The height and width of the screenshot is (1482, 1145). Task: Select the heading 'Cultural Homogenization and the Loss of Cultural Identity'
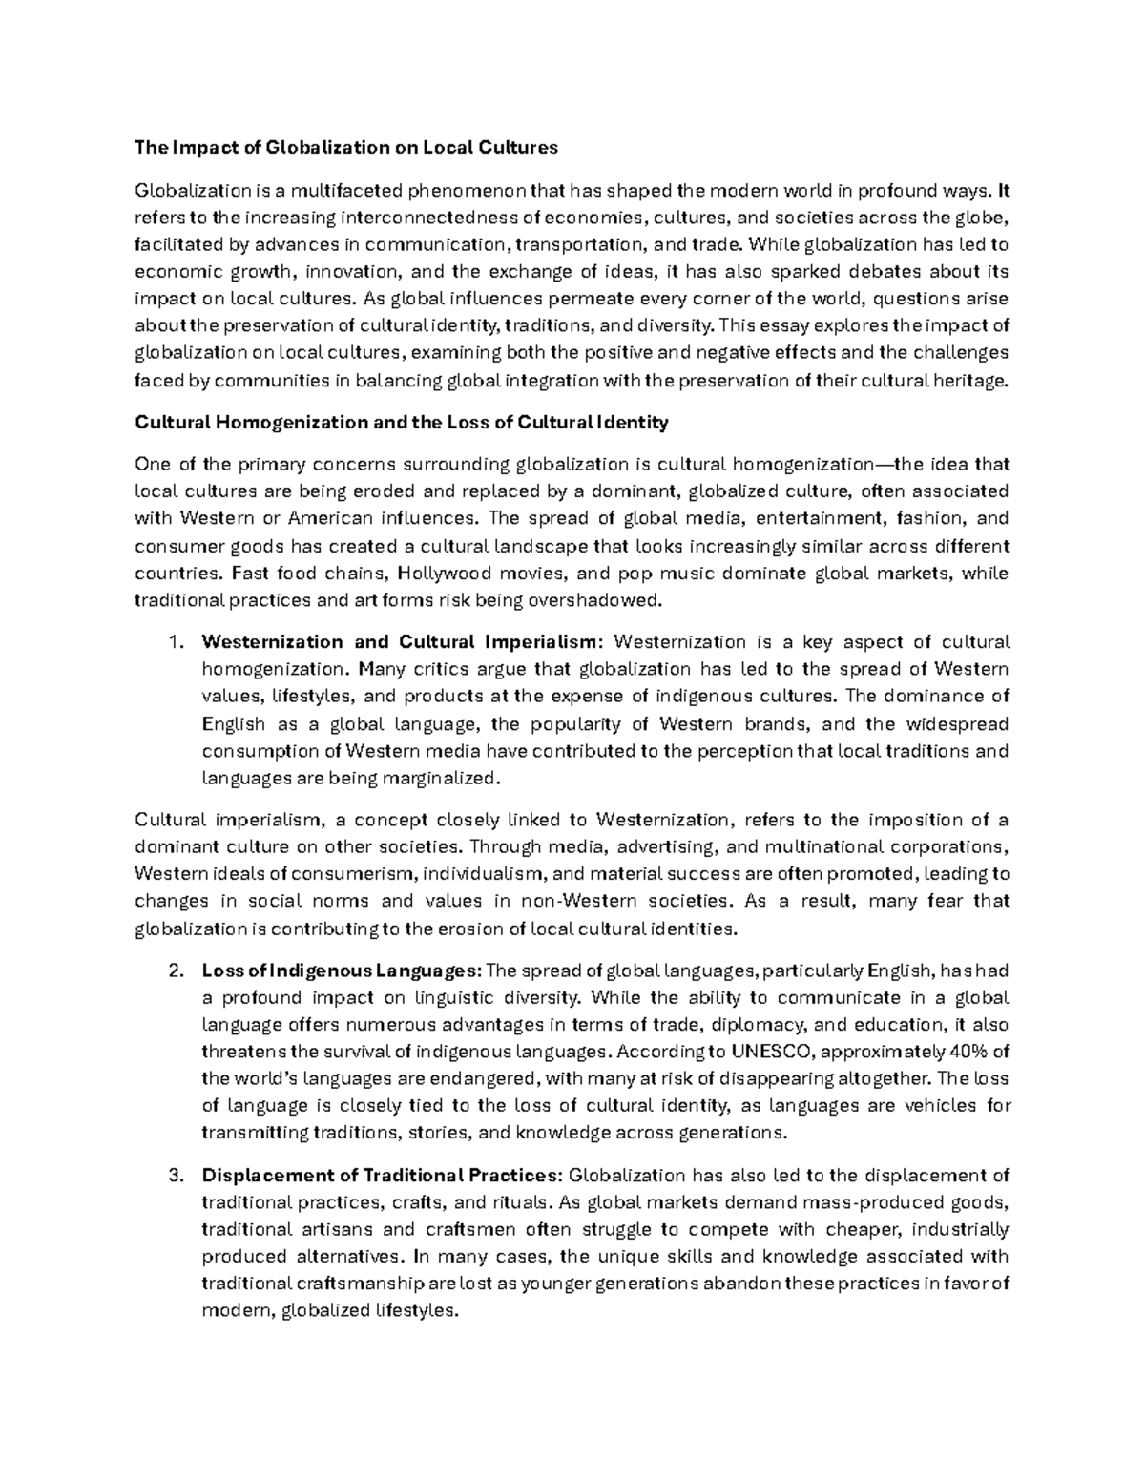(402, 422)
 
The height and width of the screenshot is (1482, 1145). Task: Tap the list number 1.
(174, 641)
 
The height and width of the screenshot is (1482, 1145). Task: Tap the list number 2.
(174, 971)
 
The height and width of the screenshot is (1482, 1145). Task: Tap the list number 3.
(174, 1175)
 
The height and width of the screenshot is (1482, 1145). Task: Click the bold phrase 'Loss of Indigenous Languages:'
(342, 971)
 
